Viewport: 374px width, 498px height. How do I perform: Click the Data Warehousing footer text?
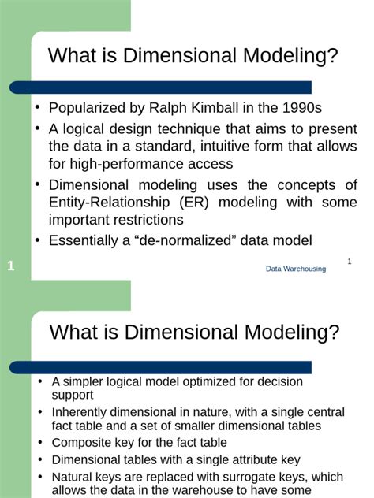[295, 269]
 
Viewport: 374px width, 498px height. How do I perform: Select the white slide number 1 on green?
[11, 266]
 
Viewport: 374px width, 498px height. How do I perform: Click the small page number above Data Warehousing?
[349, 261]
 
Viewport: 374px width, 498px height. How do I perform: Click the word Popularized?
[88, 108]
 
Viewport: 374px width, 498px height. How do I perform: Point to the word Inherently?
[80, 412]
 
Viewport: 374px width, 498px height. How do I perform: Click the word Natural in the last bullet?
[73, 477]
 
